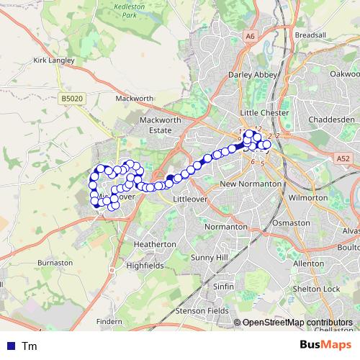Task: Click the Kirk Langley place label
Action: [x=54, y=60]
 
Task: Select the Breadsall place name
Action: [x=310, y=34]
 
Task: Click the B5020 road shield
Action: [x=72, y=96]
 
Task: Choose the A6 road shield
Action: [x=250, y=35]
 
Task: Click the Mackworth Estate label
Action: [x=156, y=125]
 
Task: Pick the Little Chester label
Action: [x=264, y=113]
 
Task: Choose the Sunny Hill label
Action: [x=209, y=257]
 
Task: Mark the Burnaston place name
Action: [x=55, y=264]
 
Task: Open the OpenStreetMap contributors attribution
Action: [x=297, y=323]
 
